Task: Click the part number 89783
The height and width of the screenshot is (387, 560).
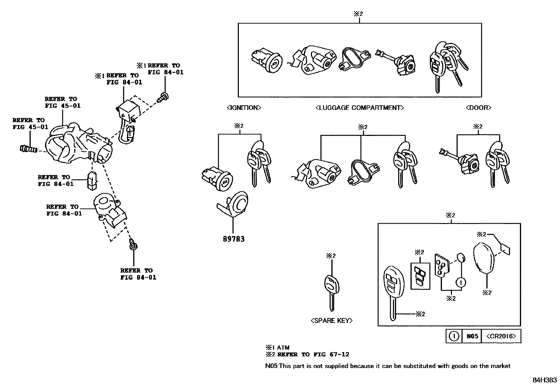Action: tap(233, 239)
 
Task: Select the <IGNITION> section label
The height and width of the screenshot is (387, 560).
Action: tap(243, 107)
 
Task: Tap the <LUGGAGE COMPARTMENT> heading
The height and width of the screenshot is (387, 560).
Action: tap(359, 107)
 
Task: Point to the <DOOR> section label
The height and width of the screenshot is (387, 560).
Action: tap(478, 107)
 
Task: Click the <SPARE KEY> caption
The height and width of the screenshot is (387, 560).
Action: tap(331, 320)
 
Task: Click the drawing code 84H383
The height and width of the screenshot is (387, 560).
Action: tap(545, 380)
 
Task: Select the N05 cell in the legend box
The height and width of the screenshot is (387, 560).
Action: tap(472, 336)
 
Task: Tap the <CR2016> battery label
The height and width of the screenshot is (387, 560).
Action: tap(501, 336)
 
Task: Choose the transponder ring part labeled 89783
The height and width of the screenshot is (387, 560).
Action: tap(234, 204)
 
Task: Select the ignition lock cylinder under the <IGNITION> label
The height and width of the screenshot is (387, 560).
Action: tap(217, 179)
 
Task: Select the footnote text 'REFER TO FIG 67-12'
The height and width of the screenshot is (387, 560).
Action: tap(313, 355)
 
